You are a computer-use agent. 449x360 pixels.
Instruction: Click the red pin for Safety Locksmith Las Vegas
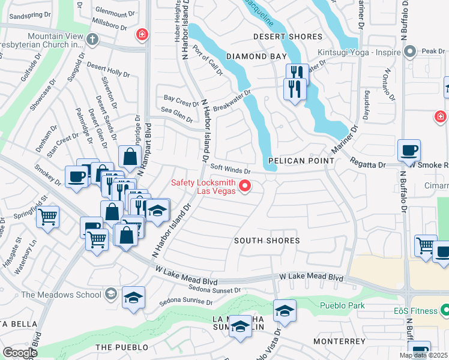click(245, 187)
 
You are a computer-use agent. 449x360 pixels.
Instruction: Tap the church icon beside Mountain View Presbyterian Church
click(91, 40)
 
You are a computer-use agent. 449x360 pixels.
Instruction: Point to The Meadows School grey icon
click(110, 294)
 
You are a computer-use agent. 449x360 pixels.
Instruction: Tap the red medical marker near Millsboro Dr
click(142, 35)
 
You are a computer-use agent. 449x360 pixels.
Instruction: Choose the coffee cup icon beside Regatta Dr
click(409, 150)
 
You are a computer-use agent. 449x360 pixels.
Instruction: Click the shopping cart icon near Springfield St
click(48, 216)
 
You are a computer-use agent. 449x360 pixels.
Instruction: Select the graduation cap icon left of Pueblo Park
click(285, 311)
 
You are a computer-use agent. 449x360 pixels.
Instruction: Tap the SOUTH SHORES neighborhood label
click(267, 241)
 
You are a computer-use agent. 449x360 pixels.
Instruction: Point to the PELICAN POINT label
click(301, 161)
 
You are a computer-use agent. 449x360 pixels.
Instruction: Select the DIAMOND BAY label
click(256, 56)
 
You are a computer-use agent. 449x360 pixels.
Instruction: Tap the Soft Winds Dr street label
click(230, 169)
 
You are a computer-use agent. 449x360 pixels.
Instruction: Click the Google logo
click(20, 352)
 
